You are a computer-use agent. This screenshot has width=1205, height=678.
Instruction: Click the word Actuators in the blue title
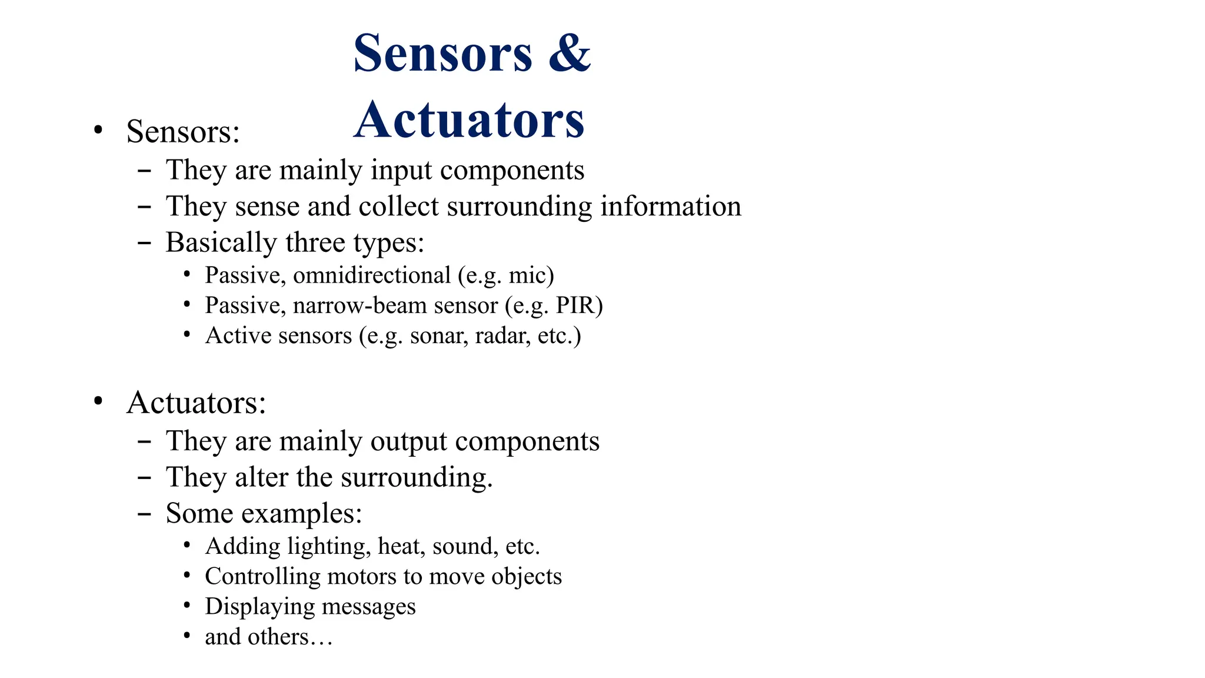(469, 120)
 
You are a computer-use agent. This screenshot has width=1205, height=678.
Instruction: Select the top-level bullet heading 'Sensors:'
(183, 131)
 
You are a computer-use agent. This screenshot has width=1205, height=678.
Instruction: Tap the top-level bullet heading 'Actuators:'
(196, 403)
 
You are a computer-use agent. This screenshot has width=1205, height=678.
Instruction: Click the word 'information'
(670, 207)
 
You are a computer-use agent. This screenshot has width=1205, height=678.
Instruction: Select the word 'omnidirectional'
(371, 275)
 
